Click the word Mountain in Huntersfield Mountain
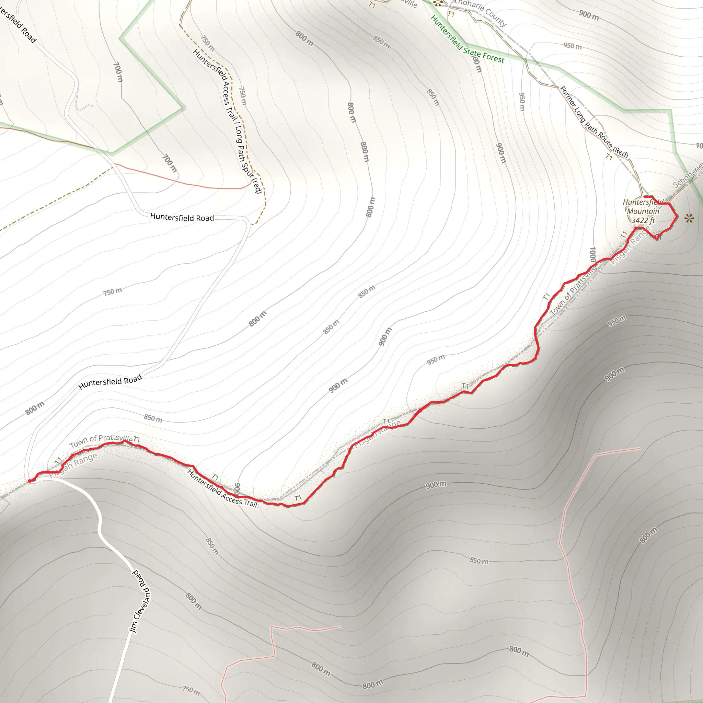pos(643,211)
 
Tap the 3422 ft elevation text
pos(643,220)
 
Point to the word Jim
pos(133,626)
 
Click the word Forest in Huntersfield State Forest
pos(493,57)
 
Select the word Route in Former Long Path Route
pos(605,140)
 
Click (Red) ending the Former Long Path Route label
pos(621,152)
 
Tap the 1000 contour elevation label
pos(592,254)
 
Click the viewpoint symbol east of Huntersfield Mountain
pos(689,218)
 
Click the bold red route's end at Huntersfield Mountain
pos(645,197)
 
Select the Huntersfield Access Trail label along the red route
pos(222,488)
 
